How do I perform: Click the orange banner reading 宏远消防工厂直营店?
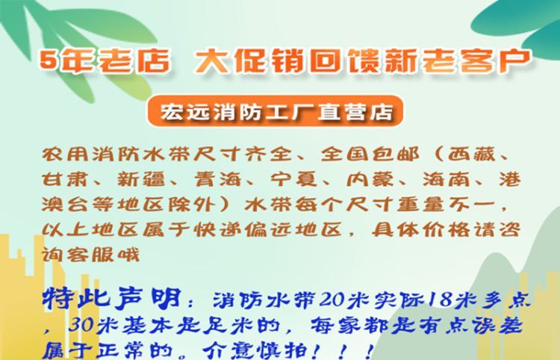click(x=275, y=111)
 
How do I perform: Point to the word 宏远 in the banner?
click(x=184, y=112)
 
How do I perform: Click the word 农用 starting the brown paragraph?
click(x=66, y=155)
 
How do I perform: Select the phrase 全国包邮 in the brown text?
click(x=370, y=155)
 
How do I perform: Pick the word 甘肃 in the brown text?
click(x=65, y=179)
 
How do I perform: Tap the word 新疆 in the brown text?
click(x=141, y=179)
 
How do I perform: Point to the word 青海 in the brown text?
click(x=218, y=179)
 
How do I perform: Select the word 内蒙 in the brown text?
click(x=370, y=179)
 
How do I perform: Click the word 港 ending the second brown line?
click(x=510, y=179)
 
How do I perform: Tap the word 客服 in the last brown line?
click(x=90, y=255)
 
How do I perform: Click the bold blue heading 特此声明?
click(x=111, y=298)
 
